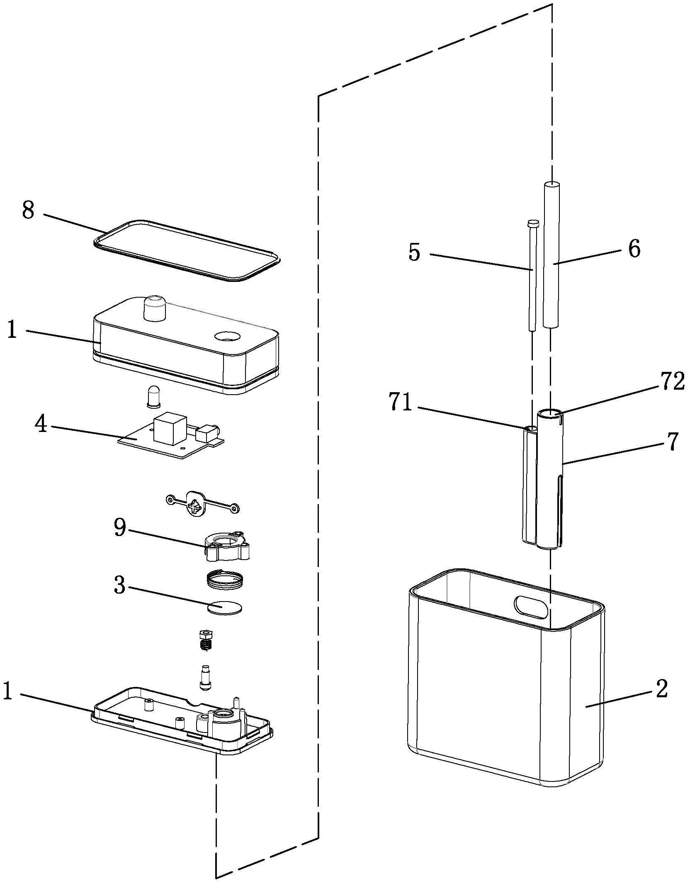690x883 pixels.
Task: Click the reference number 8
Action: tap(28, 211)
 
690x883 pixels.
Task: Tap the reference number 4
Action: tap(41, 424)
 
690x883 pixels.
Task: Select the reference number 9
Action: tap(120, 528)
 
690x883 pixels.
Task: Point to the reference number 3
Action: tap(119, 585)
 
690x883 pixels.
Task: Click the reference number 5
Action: tap(414, 252)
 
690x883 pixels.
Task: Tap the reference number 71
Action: tap(401, 403)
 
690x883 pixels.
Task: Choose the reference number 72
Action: tap(672, 382)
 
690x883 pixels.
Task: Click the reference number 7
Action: tap(672, 442)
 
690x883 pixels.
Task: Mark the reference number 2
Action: tap(661, 688)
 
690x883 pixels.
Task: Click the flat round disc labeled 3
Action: tap(224, 609)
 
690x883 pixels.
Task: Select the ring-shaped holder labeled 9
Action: tap(227, 547)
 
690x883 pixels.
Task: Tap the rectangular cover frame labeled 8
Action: tap(187, 250)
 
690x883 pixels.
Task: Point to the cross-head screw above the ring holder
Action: tap(195, 505)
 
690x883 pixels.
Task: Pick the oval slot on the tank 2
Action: tap(532, 608)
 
